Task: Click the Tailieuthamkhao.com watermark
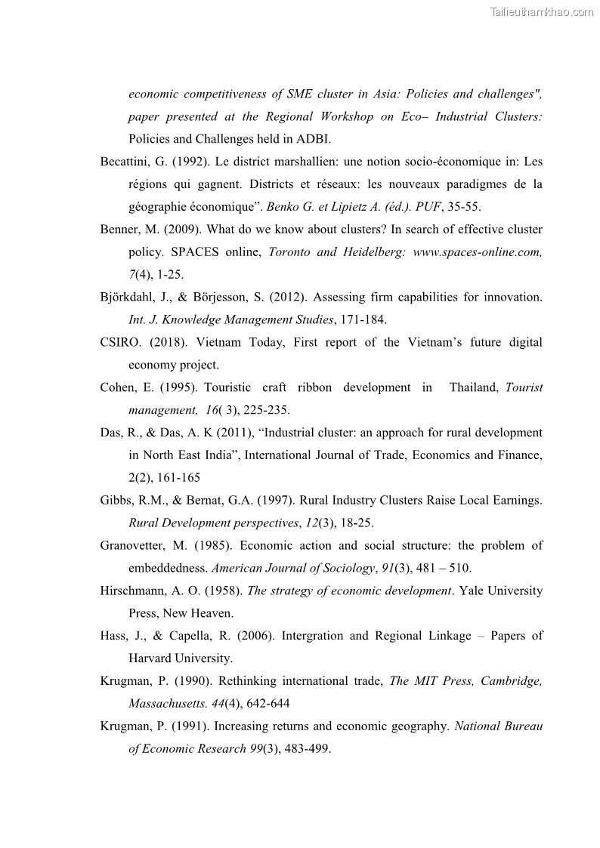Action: pos(542,11)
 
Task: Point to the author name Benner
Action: pos(119,230)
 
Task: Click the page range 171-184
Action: pos(361,319)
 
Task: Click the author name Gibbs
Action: pos(116,500)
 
